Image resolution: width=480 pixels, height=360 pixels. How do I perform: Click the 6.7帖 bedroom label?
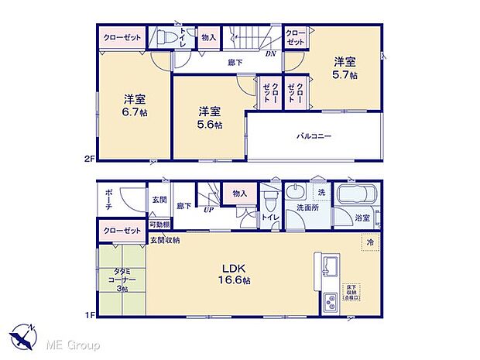(134, 105)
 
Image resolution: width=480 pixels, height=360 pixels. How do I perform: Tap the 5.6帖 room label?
(209, 116)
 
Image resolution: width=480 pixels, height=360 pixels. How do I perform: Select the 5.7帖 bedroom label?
(345, 67)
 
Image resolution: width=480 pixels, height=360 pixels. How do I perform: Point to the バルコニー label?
(314, 135)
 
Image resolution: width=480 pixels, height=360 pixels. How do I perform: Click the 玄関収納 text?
(165, 241)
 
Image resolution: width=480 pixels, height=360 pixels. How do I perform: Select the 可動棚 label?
(160, 225)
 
